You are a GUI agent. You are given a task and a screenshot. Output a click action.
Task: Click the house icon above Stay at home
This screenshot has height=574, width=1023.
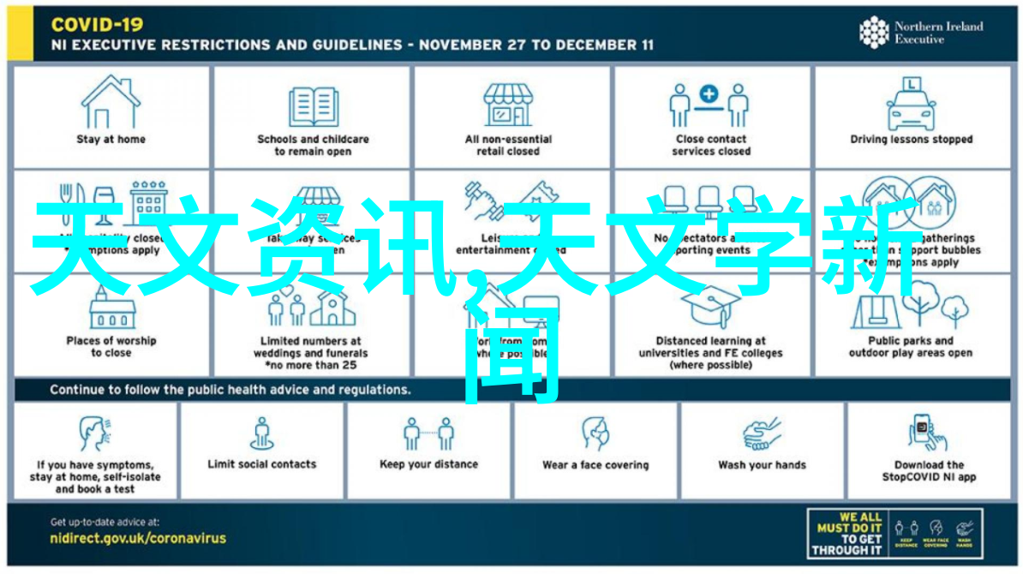point(111,101)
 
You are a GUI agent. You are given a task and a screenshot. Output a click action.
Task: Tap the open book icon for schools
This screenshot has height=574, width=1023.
point(314,105)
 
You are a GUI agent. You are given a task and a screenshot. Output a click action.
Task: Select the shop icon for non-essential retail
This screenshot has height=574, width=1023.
point(508,105)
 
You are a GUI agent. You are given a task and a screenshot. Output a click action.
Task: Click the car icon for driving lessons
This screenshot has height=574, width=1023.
point(911,105)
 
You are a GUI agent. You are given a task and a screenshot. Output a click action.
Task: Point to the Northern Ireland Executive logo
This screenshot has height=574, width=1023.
point(921,33)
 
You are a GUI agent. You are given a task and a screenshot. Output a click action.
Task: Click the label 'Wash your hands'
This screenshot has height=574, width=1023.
point(762,465)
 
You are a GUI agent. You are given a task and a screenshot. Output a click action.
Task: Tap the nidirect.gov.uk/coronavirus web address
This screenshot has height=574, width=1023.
point(138,538)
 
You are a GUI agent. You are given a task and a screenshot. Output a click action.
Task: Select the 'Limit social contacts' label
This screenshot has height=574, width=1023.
point(261,464)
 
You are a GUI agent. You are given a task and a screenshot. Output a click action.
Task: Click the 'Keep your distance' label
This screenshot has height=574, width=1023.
point(428,465)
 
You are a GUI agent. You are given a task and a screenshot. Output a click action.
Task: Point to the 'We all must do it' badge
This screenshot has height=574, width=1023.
point(893,534)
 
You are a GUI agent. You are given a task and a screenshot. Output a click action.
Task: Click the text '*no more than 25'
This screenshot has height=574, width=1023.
point(310,365)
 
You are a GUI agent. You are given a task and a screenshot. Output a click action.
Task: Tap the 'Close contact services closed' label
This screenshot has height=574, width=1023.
point(712,145)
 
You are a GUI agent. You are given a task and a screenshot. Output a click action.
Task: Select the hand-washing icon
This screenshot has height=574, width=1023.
point(762,433)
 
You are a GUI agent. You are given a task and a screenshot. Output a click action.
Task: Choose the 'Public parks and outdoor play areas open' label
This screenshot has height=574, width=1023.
point(910,346)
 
